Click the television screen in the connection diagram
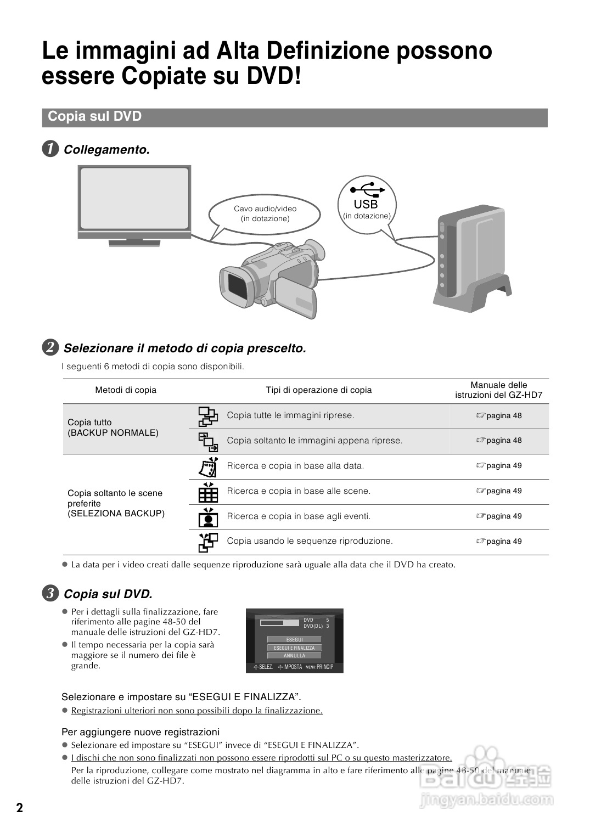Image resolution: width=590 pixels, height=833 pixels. pos(134,201)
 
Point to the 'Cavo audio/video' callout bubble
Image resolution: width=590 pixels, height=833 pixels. pos(265,214)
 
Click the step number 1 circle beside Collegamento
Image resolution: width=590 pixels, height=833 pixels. pos(50,149)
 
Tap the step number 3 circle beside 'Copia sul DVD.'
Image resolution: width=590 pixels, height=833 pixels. pos(50,594)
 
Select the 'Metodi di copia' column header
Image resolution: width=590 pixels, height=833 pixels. pos(126,390)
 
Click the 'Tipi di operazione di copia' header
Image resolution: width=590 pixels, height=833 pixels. pos(318,390)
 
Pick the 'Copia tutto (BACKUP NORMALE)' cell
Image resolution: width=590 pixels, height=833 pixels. pos(113,427)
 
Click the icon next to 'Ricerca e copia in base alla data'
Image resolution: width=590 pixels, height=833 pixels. pos(208,466)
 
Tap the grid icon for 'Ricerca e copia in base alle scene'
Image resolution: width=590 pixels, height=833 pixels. pos(208,492)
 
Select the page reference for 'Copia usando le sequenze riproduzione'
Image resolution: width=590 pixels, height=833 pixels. pos(499,542)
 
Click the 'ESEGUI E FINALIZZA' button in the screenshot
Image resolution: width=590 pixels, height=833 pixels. pos(295,648)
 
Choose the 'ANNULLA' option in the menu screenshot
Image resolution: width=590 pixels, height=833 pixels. pos(295,656)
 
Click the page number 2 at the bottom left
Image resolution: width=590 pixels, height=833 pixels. pos(19,808)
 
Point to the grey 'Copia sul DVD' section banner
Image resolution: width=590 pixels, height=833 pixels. pos(295,117)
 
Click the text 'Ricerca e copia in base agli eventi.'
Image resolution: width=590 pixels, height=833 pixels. pos(299,516)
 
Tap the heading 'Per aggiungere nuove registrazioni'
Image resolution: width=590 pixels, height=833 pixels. pos(141,732)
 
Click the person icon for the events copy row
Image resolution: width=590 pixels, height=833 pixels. pos(208,517)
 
